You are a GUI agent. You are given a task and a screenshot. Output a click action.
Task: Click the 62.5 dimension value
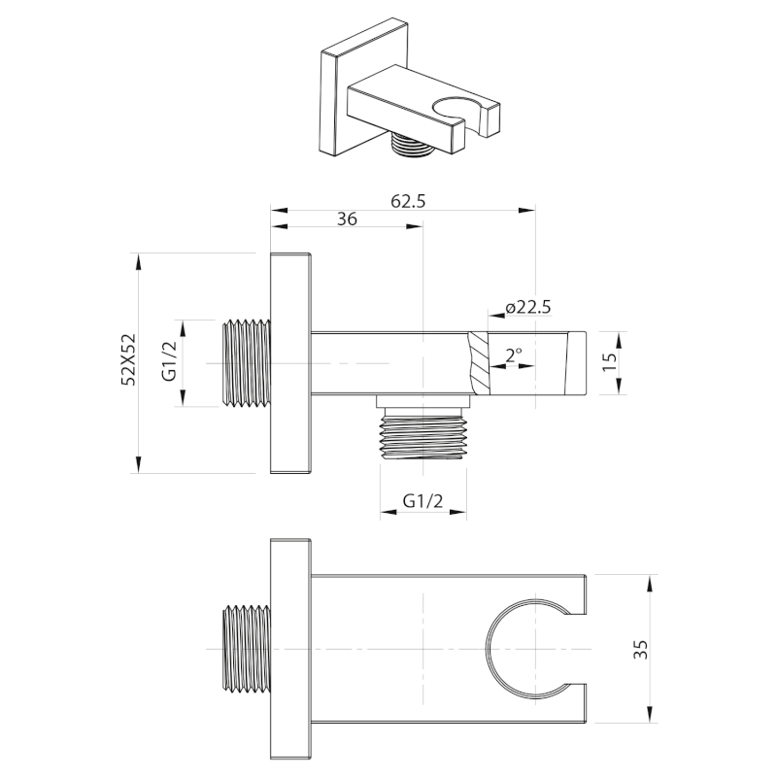click(x=408, y=201)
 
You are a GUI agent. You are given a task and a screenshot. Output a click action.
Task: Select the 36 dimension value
click(x=347, y=219)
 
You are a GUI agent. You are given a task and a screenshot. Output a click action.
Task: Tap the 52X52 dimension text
click(x=129, y=359)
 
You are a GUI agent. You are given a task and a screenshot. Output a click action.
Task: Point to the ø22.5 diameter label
click(x=528, y=308)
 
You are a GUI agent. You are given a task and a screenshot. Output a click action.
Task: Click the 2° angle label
click(x=514, y=355)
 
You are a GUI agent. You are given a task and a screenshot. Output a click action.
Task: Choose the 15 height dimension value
click(x=612, y=361)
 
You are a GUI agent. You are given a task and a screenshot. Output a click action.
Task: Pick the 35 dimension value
click(x=641, y=649)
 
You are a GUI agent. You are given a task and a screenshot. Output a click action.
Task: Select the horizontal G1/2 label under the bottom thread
click(x=422, y=501)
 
